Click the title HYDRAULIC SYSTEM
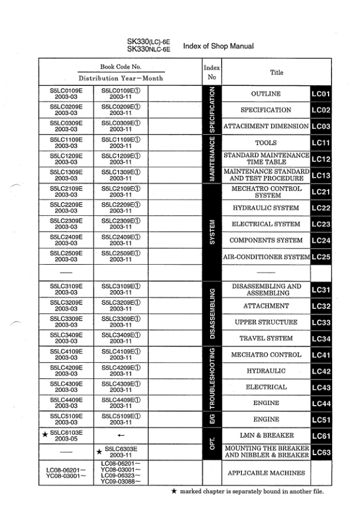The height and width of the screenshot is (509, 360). point(266,208)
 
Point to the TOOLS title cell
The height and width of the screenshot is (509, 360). point(266,143)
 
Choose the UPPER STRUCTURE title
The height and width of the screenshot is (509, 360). point(266,322)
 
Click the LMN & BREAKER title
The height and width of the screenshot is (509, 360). point(266,435)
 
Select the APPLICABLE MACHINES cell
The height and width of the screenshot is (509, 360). point(266,473)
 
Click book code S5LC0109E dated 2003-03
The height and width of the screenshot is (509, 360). point(66,94)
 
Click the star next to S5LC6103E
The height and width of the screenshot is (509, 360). point(44,434)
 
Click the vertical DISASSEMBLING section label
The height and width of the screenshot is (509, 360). point(211,314)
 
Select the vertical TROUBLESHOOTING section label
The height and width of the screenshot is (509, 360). point(211,379)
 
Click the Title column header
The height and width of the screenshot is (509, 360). point(277,73)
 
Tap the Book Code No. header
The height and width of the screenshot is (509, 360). point(120,67)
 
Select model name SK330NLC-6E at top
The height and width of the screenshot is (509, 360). point(149,49)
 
